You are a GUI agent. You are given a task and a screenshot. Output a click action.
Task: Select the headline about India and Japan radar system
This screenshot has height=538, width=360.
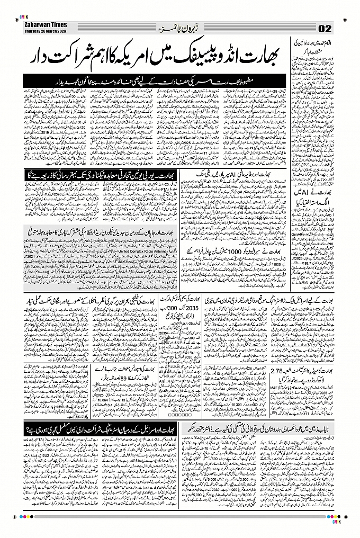(101, 230)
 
